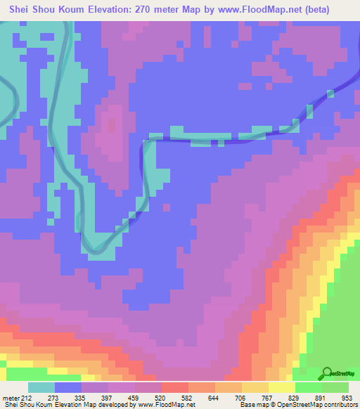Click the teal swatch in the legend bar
pyautogui.click(x=41, y=387)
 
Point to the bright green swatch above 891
pyautogui.click(x=308, y=387)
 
